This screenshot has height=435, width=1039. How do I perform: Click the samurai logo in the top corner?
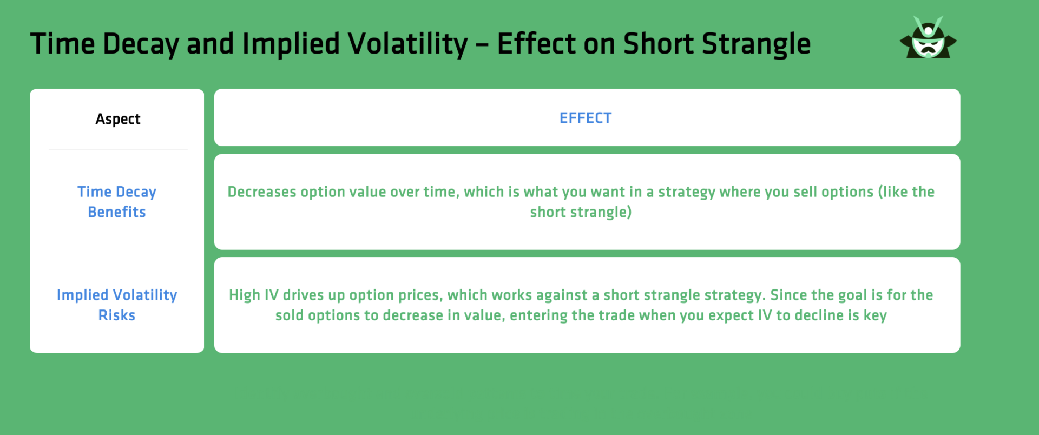point(928,38)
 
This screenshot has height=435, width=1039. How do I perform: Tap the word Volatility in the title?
point(409,44)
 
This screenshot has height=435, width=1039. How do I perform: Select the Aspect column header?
point(117,119)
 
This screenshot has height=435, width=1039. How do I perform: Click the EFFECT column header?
point(586,118)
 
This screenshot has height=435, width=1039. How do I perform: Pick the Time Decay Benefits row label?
point(117,202)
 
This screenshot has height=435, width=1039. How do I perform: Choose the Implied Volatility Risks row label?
point(117,305)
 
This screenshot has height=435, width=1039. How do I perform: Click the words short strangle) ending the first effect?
point(581,212)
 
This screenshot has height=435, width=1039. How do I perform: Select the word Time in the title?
point(62,44)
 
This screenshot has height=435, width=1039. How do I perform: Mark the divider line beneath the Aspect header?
point(117,149)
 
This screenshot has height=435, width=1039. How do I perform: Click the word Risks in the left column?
point(117,315)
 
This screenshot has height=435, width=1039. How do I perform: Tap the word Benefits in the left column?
point(117,212)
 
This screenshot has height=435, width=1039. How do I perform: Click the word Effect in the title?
point(536,44)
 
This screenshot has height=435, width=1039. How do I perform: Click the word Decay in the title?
point(140,44)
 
